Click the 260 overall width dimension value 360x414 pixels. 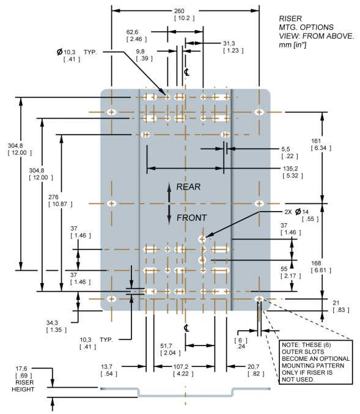179,11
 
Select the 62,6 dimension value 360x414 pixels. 132,32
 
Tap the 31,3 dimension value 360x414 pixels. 229,43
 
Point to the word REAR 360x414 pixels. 188,187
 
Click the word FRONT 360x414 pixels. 192,218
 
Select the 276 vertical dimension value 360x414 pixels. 53,197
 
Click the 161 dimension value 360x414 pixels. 316,141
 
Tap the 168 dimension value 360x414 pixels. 316,263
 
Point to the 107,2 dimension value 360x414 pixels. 180,367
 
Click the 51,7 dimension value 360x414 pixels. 166,346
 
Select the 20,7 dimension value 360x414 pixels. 254,367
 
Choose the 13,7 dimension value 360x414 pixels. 106,367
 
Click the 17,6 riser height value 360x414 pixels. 21,369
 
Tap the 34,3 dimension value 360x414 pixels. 53,323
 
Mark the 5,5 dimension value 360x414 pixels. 285,149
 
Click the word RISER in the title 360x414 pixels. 290,19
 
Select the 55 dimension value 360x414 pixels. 284,269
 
